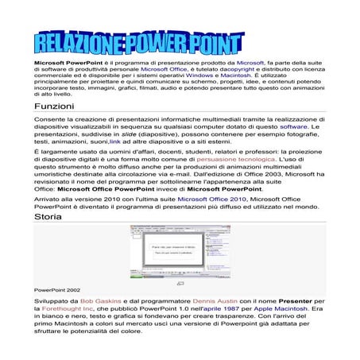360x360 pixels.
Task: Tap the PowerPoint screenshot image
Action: click(x=180, y=254)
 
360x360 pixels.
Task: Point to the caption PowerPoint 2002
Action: click(x=57, y=290)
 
